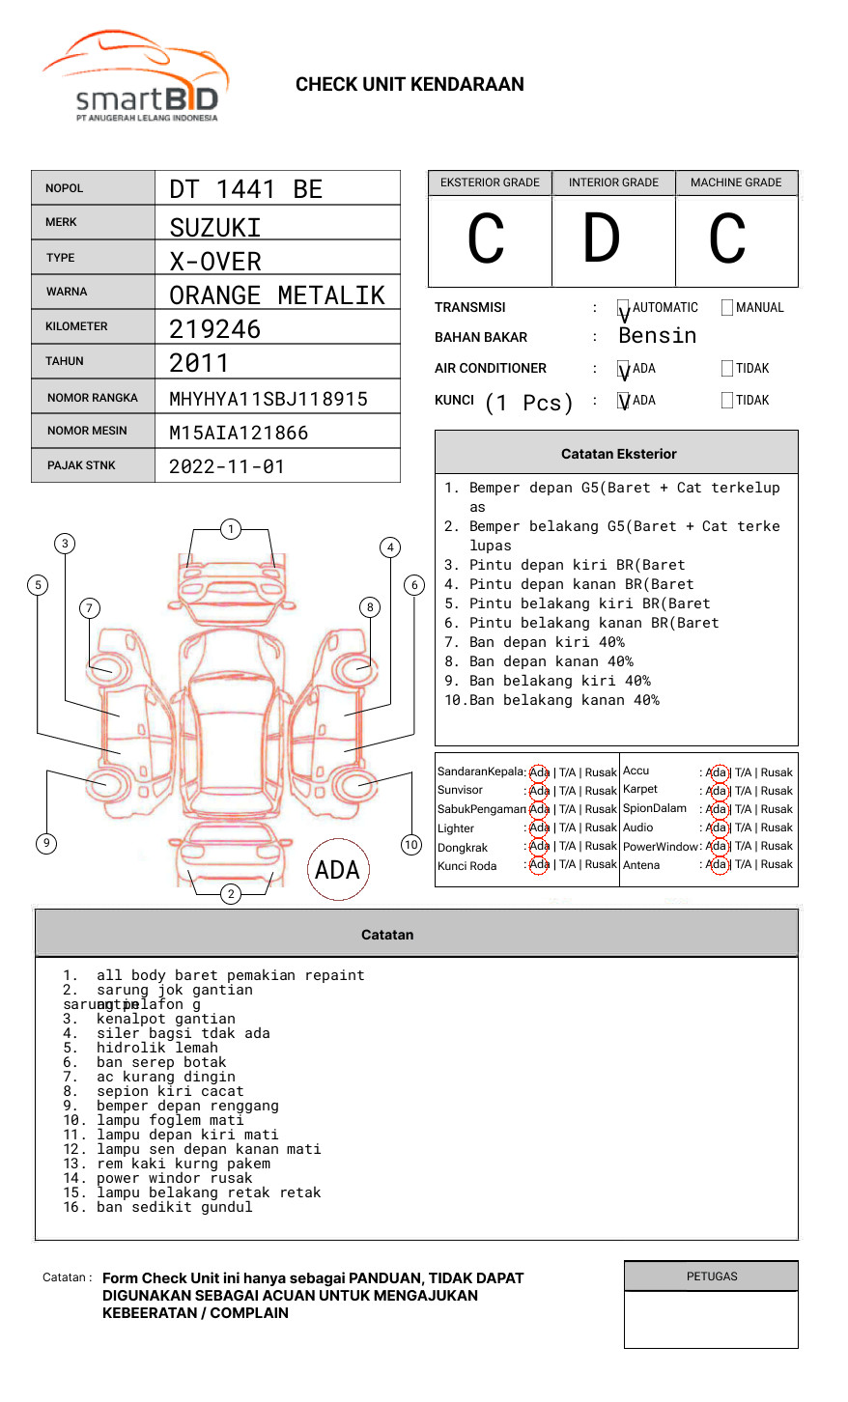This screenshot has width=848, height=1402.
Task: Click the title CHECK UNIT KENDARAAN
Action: click(410, 85)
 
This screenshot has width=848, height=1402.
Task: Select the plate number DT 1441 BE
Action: click(246, 189)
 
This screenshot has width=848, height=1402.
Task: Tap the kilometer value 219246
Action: click(215, 329)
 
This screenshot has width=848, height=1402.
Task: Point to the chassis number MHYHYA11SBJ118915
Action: click(269, 399)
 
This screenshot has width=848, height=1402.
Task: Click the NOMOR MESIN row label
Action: click(87, 431)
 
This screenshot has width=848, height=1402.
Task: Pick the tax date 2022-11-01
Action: click(227, 466)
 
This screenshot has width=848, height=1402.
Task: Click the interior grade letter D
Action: click(601, 239)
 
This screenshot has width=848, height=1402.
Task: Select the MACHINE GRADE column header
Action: click(736, 182)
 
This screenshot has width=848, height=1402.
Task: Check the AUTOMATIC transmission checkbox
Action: click(624, 308)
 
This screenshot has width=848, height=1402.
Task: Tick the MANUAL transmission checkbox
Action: click(727, 308)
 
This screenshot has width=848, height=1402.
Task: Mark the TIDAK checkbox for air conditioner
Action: click(727, 369)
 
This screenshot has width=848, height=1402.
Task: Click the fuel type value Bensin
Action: click(658, 336)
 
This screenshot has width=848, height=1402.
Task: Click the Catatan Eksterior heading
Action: click(618, 454)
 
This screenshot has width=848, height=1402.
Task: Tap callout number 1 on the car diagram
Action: click(230, 529)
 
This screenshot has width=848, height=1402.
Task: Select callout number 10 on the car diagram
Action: click(411, 845)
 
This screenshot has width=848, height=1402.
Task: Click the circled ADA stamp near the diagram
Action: click(337, 870)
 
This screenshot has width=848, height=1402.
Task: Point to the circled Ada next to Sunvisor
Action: click(539, 791)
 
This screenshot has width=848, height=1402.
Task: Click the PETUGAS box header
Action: click(712, 1276)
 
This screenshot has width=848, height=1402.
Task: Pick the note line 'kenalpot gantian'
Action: click(165, 1019)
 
